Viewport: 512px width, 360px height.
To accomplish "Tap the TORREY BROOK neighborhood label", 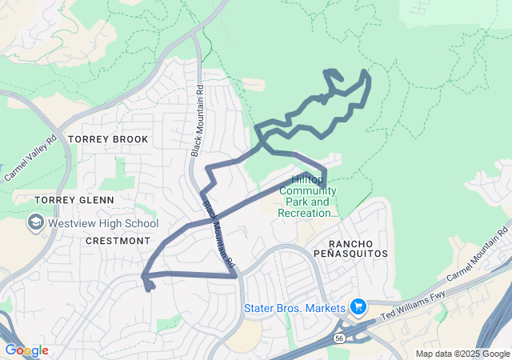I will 108,139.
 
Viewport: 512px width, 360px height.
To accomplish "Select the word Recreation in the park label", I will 309,213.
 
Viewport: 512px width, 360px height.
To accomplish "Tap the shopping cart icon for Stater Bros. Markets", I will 358,307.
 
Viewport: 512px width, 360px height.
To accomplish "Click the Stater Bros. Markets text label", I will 294,308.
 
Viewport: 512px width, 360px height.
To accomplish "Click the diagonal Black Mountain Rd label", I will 218,234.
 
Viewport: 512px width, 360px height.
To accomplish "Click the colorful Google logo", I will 26,350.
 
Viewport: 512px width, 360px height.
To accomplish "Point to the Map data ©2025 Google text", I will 462,354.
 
